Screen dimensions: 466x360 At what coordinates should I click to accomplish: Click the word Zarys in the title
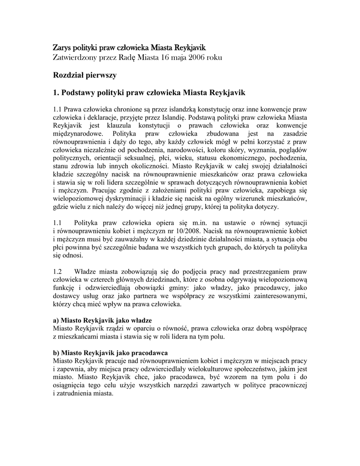pyautogui.click(x=63, y=48)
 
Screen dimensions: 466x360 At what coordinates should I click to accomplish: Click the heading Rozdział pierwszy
pyautogui.click(x=86, y=75)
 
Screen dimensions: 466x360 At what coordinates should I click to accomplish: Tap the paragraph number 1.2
pyautogui.click(x=57, y=271)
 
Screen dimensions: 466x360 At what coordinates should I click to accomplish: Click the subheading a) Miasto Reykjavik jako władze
pyautogui.click(x=102, y=320)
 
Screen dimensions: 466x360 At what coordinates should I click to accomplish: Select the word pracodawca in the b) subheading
pyautogui.click(x=149, y=353)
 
